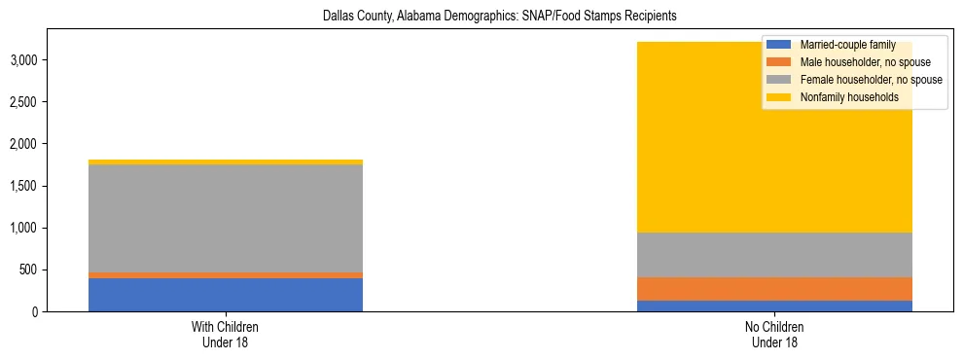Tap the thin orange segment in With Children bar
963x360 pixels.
(x=226, y=275)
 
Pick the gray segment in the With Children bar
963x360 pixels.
(x=226, y=218)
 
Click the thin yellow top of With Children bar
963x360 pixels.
(x=226, y=162)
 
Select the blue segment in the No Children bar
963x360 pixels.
(x=775, y=306)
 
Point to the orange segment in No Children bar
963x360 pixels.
(x=775, y=289)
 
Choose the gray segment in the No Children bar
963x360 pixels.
(x=775, y=255)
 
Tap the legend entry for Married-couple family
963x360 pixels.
(x=846, y=45)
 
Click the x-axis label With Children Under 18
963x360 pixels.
(x=226, y=335)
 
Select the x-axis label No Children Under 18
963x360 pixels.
(x=775, y=335)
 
